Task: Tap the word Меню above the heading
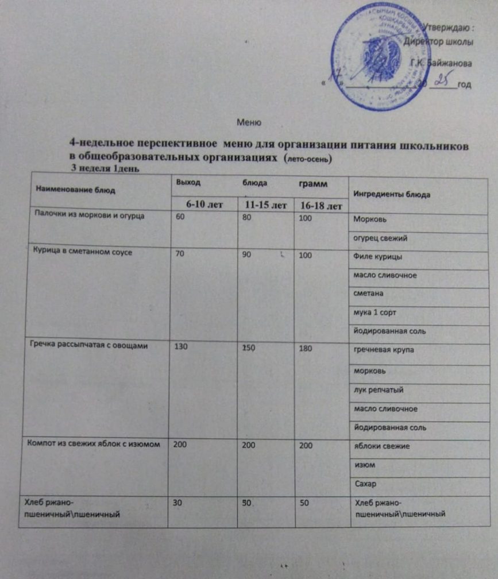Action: [249, 122]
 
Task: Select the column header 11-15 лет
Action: [265, 205]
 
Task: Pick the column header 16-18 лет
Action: [319, 206]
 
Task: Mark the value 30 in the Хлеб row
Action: [179, 502]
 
